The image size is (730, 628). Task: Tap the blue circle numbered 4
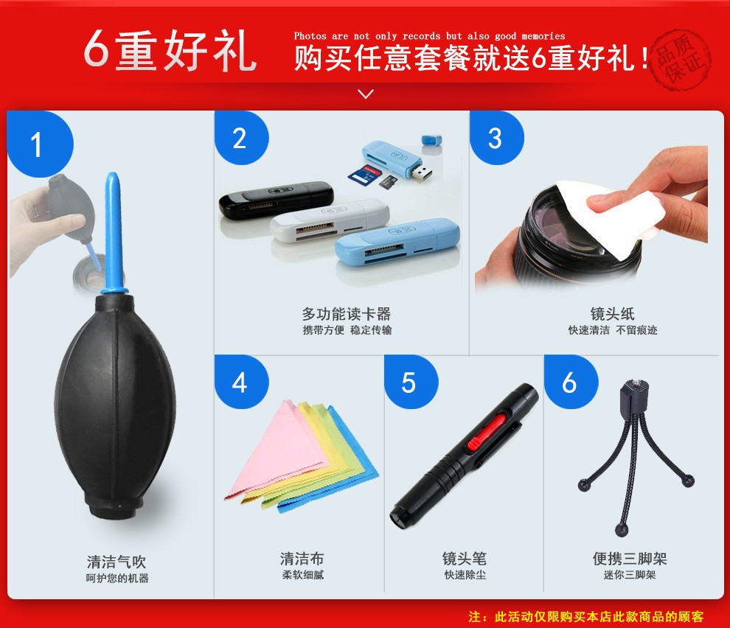click(x=241, y=382)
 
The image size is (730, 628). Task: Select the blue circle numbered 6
click(x=571, y=382)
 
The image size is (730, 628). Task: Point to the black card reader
click(x=276, y=200)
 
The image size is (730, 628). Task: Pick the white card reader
click(x=330, y=220)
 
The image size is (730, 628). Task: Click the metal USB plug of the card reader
click(x=421, y=172)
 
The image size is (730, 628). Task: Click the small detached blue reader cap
click(x=431, y=140)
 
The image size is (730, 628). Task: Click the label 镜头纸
click(x=613, y=314)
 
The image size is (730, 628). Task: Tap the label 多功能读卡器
click(x=347, y=314)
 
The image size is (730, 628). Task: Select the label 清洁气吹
click(x=117, y=562)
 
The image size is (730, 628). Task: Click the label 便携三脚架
click(x=630, y=558)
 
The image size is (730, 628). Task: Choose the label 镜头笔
click(x=465, y=558)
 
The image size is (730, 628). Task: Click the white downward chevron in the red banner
click(x=366, y=94)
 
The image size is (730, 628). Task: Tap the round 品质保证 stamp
click(x=680, y=59)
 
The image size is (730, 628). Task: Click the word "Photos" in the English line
click(x=310, y=36)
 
